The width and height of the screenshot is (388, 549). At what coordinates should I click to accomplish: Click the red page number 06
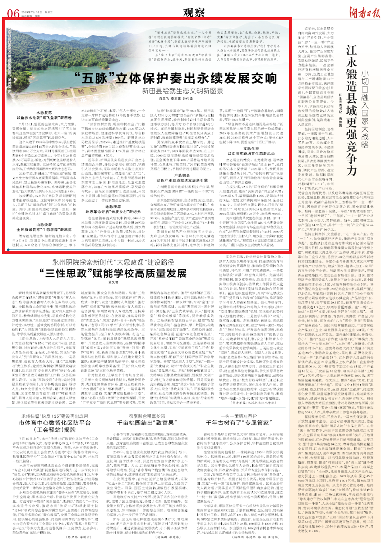click(x=13, y=13)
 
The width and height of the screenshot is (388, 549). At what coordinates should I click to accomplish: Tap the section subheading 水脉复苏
click(x=44, y=113)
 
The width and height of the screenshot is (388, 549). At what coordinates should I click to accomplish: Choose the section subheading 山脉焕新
click(x=44, y=225)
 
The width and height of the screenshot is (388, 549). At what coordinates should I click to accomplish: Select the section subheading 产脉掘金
click(x=182, y=175)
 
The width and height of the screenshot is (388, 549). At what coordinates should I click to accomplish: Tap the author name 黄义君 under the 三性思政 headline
click(x=113, y=282)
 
